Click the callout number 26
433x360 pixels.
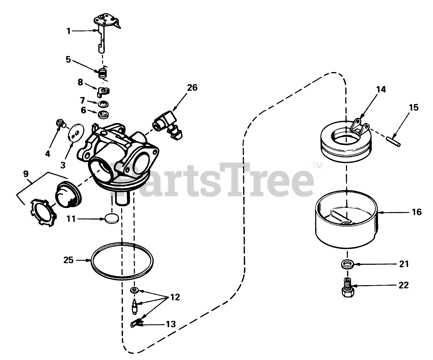192,88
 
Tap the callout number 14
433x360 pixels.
381,89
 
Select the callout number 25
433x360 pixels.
69,260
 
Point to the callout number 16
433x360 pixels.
417,212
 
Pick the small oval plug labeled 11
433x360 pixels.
112,219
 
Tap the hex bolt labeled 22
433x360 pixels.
348,288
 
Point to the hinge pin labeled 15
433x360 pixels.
393,141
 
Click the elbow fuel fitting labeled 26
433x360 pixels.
167,125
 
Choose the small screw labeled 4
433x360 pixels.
61,123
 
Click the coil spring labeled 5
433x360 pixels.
103,73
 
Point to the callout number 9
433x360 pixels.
26,174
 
